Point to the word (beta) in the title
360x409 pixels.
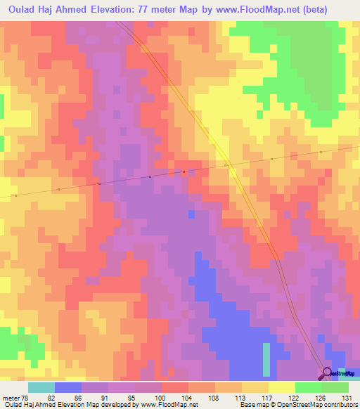coord(335,10)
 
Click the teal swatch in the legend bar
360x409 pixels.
coord(41,388)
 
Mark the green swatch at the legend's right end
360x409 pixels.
coord(335,388)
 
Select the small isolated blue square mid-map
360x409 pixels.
coord(191,213)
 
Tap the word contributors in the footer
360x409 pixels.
coord(338,404)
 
